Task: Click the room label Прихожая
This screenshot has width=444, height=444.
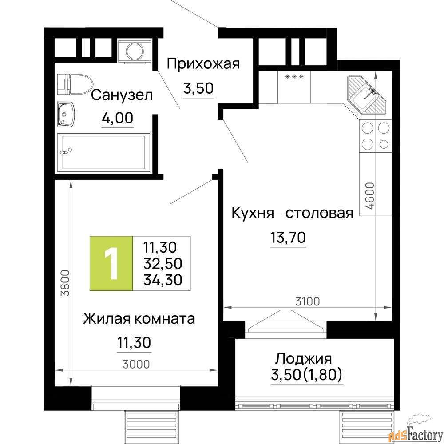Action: click(203, 63)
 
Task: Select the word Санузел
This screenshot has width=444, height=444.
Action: click(122, 95)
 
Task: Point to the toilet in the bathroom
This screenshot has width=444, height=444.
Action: click(75, 84)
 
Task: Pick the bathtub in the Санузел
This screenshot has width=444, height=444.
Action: click(103, 152)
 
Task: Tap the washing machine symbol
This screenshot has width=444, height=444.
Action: click(135, 51)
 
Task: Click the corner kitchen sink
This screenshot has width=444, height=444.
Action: click(367, 95)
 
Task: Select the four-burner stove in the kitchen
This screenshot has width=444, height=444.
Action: click(375, 136)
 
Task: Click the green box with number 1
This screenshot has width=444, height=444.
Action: click(111, 263)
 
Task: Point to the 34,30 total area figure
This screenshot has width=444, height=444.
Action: click(163, 280)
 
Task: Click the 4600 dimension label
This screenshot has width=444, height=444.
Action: click(369, 196)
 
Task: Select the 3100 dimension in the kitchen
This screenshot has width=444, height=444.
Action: click(308, 302)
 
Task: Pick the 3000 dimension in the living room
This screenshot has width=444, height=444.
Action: click(136, 364)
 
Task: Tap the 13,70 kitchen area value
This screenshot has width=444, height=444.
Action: click(288, 237)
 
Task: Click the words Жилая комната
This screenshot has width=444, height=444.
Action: click(139, 318)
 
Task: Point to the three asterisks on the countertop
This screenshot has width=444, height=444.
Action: click(294, 76)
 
